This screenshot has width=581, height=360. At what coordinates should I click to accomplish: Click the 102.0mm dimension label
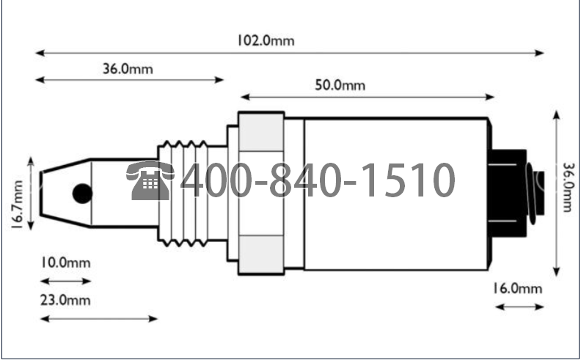click(266, 40)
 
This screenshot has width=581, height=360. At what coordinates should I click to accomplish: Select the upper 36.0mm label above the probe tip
click(128, 69)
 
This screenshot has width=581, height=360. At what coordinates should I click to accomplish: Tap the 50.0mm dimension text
click(340, 85)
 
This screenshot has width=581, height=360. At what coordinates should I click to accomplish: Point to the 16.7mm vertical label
click(18, 204)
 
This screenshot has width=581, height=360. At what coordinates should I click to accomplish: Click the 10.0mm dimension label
click(65, 263)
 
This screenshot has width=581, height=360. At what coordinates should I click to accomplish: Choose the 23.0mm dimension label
click(65, 300)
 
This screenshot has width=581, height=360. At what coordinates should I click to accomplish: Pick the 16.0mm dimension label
click(517, 288)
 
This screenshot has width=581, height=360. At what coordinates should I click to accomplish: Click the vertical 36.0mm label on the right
click(568, 187)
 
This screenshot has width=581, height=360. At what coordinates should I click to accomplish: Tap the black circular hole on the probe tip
click(82, 194)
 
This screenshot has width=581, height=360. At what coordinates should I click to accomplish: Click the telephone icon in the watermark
click(150, 180)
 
